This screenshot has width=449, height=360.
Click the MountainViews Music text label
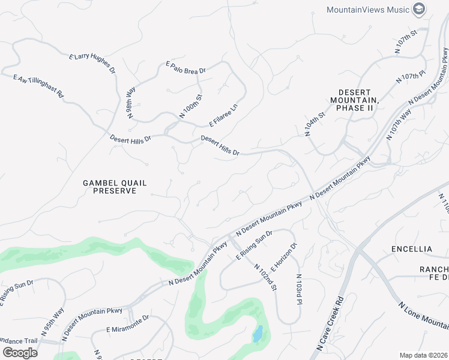tap(368, 10)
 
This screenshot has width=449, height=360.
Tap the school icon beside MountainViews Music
tap(420, 9)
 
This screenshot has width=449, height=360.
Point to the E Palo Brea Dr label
tap(186, 67)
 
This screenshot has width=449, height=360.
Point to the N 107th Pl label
tap(411, 78)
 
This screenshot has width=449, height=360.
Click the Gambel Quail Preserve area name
tap(114, 187)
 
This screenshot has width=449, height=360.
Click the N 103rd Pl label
tap(298, 289)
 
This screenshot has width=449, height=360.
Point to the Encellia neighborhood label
tap(411, 248)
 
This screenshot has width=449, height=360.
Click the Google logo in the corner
tap(20, 352)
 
